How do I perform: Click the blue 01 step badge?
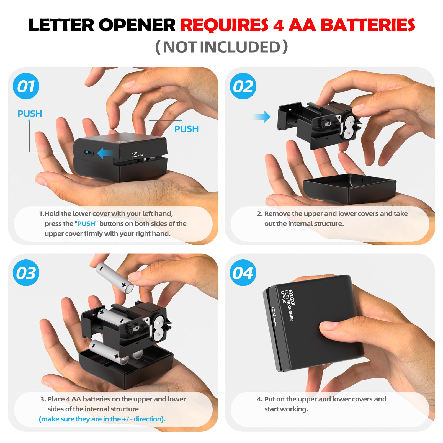click(26, 86)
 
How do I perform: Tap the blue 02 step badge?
click(243, 86)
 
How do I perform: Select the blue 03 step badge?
click(26, 273)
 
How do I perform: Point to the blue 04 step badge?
click(243, 273)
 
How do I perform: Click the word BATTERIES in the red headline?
click(367, 25)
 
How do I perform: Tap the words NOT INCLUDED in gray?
click(221, 47)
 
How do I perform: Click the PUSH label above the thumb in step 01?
click(30, 114)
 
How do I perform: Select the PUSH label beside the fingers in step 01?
click(186, 129)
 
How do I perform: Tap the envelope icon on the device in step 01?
click(135, 154)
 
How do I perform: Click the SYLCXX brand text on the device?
click(292, 298)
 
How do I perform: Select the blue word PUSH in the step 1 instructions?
click(86, 224)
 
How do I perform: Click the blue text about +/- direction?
click(102, 419)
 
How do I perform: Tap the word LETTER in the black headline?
click(61, 25)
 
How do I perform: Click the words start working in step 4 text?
click(286, 409)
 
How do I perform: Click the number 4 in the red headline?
click(278, 25)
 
